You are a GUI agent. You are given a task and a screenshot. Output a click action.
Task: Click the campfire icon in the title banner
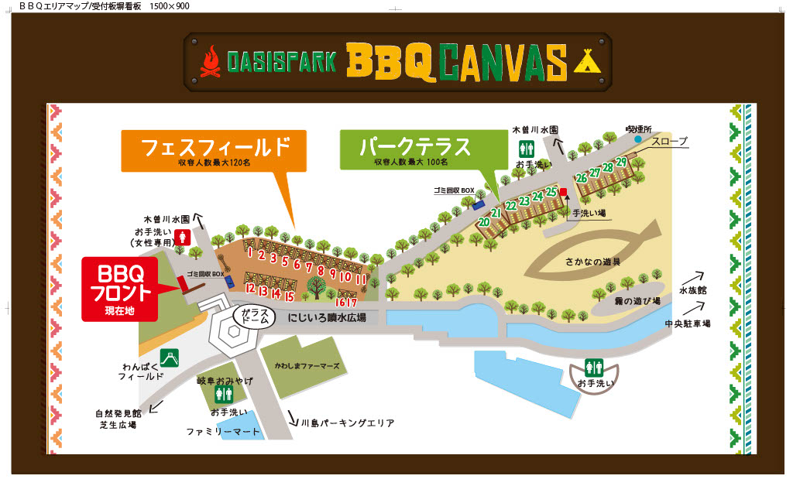click(211, 61)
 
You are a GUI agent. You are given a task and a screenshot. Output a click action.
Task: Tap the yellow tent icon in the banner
click(587, 60)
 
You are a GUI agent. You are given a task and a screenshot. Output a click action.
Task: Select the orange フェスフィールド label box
click(214, 150)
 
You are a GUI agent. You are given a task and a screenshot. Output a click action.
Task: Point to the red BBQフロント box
click(119, 288)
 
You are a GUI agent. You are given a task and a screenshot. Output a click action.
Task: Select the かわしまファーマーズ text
click(306, 365)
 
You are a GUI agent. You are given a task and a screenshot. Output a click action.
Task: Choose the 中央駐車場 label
click(687, 323)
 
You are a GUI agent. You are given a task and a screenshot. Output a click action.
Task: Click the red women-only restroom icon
click(184, 237)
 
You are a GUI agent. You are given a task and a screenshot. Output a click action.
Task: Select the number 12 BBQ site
click(249, 288)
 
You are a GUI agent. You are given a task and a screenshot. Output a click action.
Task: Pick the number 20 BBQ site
click(484, 222)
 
